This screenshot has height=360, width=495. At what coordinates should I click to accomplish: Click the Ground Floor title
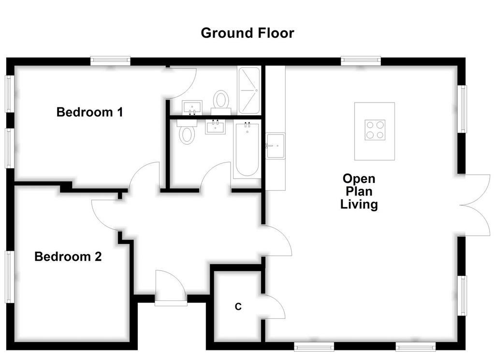(247, 33)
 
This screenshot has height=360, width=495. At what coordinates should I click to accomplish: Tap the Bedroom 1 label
(89, 112)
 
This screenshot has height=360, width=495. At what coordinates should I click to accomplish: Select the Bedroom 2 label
(68, 256)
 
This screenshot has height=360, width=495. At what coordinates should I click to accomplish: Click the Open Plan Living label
(359, 191)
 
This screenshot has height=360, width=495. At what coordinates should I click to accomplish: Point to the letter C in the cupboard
(238, 307)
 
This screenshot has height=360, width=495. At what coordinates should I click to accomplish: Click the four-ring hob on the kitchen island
(375, 130)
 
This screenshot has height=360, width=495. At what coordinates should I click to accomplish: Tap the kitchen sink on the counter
(275, 146)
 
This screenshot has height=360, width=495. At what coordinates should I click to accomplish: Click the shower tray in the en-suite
(249, 90)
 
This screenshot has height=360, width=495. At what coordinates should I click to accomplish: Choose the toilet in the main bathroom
(187, 132)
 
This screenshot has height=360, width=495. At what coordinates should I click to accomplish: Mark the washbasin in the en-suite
(192, 107)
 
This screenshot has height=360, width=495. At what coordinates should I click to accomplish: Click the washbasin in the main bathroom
(216, 127)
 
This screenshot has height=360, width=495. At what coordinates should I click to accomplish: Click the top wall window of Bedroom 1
(110, 60)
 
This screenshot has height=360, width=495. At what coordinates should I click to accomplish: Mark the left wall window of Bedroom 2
(10, 277)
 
